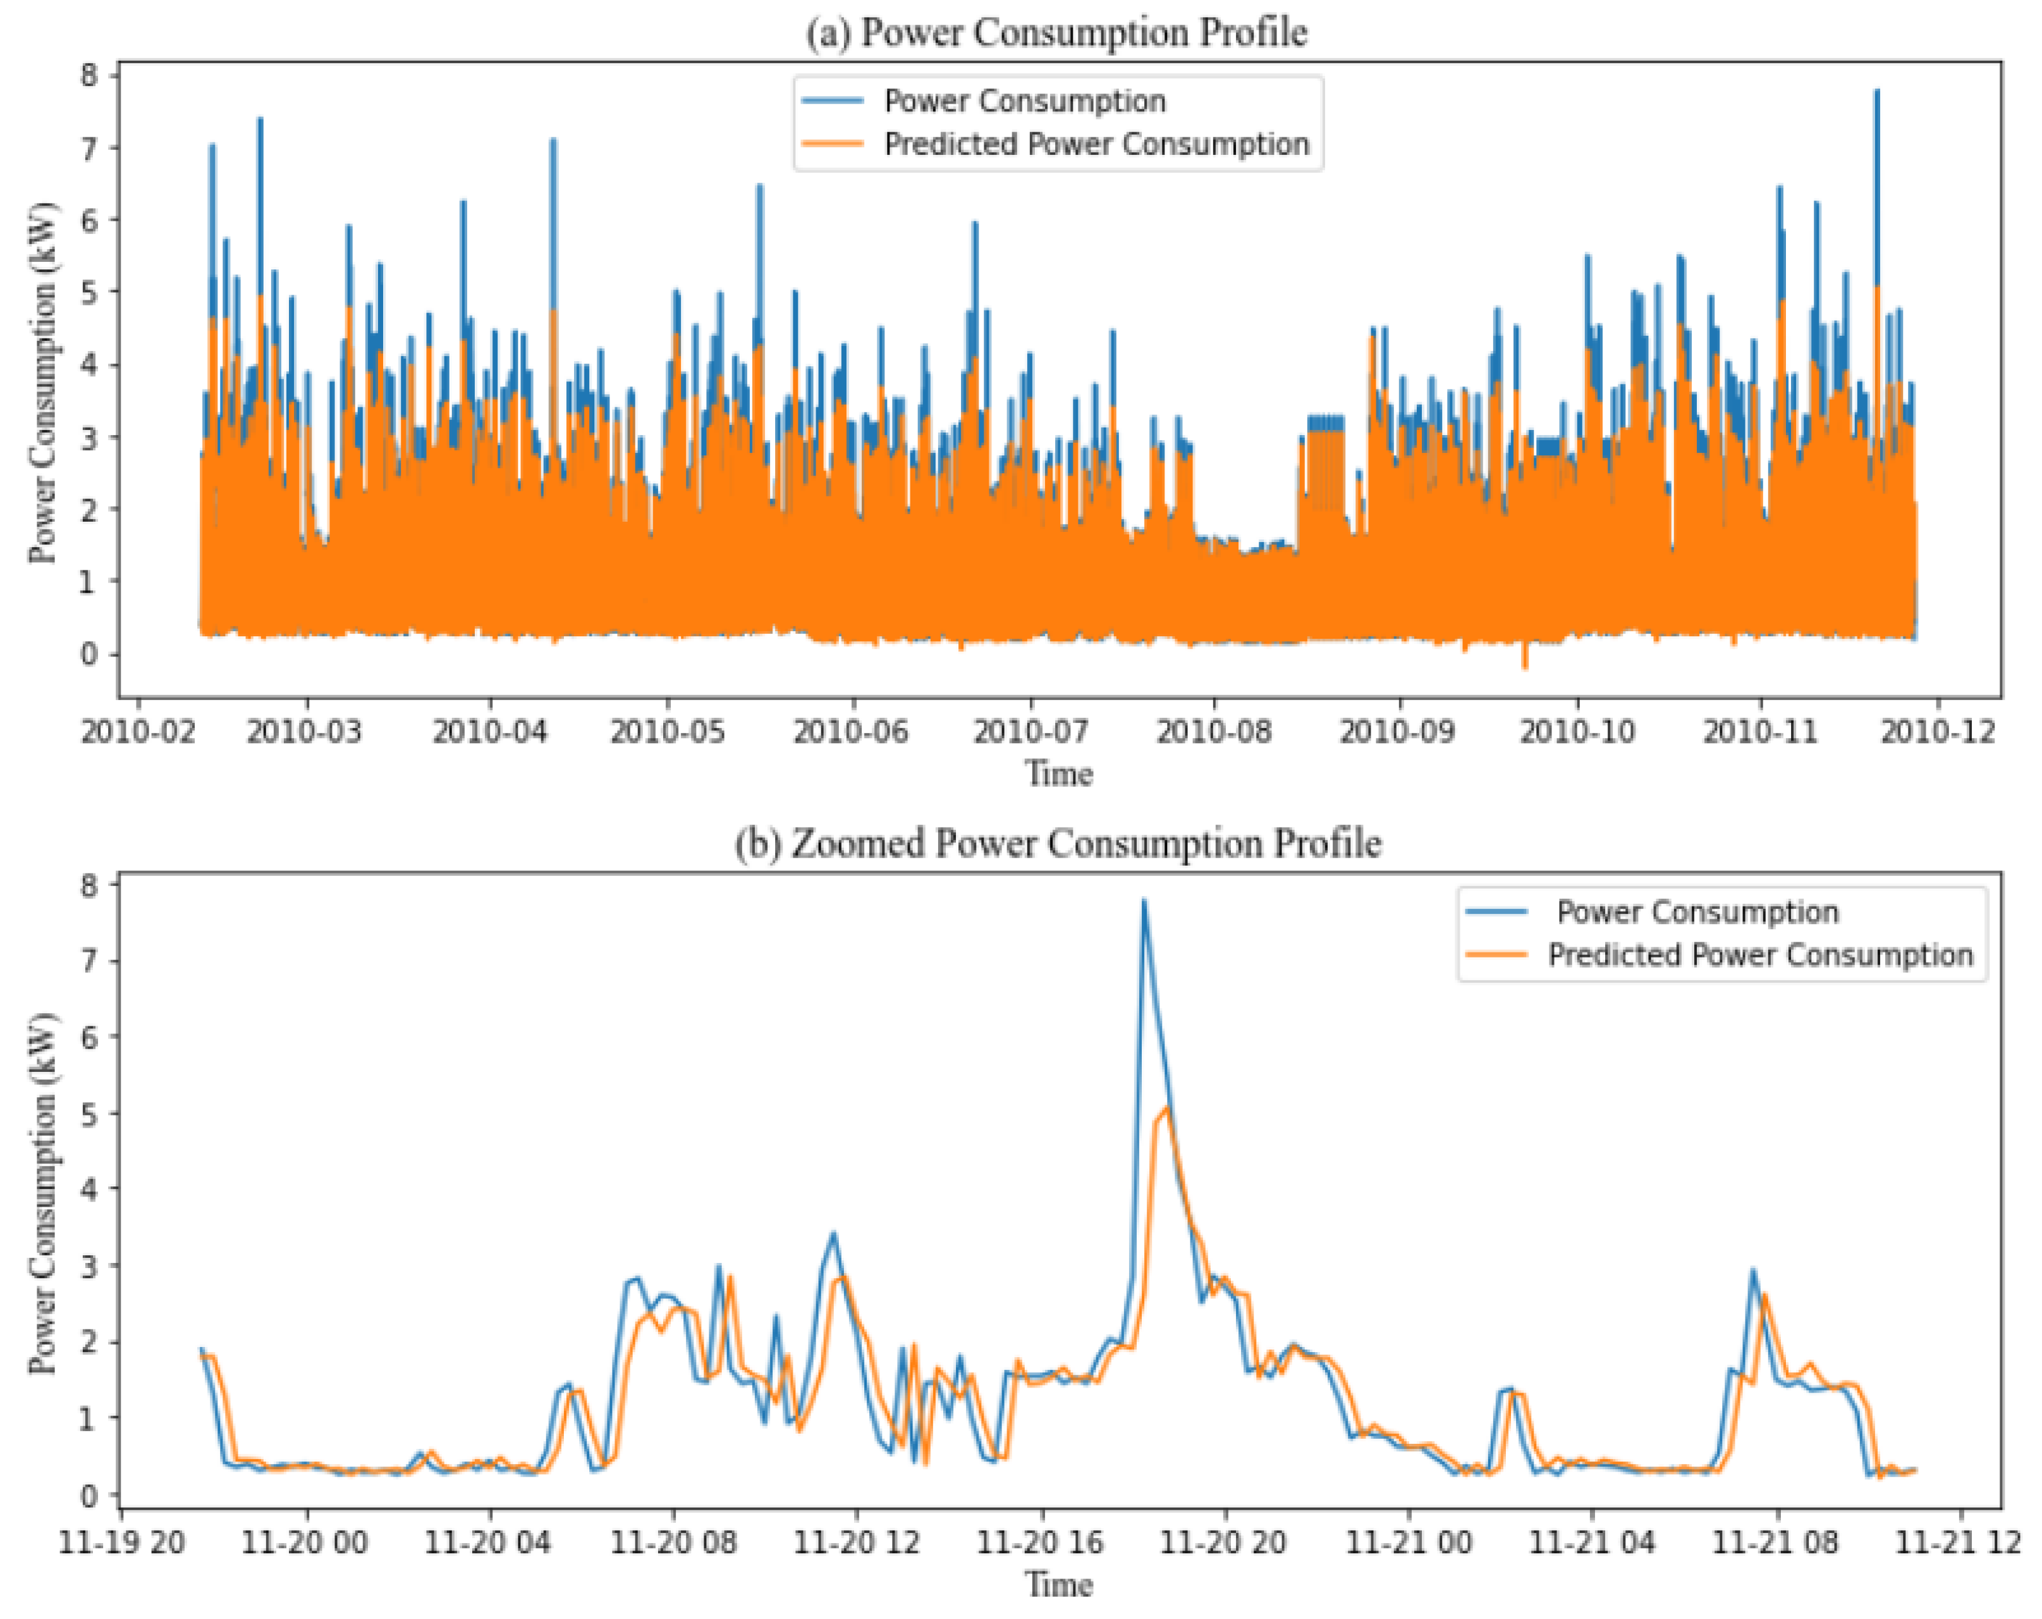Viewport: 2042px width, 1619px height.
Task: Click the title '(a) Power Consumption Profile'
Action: pos(1056,33)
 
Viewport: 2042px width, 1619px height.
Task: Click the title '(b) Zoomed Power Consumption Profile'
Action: pos(1058,843)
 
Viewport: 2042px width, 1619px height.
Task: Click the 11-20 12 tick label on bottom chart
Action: pos(856,1542)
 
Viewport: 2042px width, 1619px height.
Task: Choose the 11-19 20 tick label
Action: pos(121,1542)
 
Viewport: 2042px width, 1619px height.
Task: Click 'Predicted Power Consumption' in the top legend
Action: pos(1096,144)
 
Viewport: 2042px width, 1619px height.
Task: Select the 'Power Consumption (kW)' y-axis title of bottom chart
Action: pos(42,1193)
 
